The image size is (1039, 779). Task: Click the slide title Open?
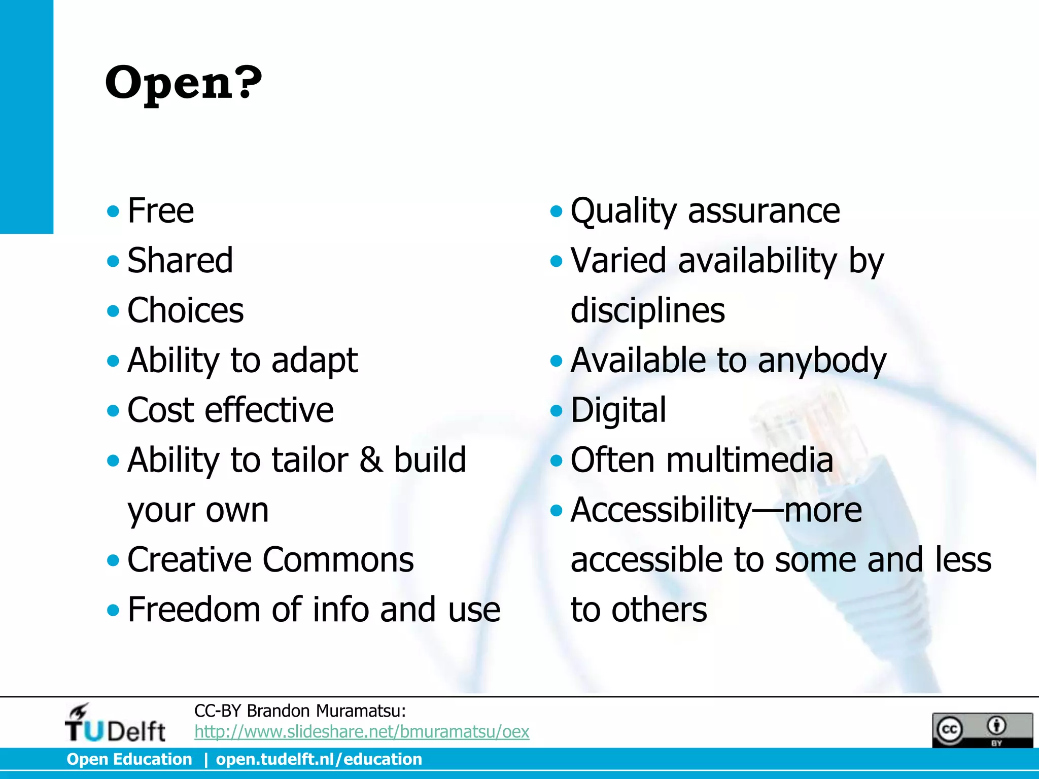[x=183, y=83]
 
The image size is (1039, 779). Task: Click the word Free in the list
[x=160, y=210]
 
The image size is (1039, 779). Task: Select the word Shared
[x=180, y=260]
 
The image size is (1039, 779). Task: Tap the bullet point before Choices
[x=113, y=310]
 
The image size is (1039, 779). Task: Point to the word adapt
[x=314, y=360]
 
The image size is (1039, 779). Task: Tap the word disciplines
[x=647, y=310]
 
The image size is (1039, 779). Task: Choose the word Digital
[x=618, y=410]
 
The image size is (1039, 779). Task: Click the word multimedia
[x=749, y=459]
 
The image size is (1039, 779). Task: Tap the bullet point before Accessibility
[x=557, y=510]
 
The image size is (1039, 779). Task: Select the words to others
[x=638, y=609]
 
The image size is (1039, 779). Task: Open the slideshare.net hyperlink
[x=362, y=731]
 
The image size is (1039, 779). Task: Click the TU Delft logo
[x=115, y=724]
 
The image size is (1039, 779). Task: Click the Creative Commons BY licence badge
[x=982, y=729]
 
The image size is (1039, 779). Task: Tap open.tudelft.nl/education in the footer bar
[x=319, y=759]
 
